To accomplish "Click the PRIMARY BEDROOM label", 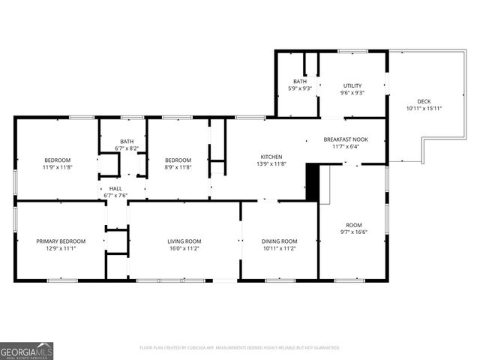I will [61, 241].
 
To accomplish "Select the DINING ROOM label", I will [279, 241].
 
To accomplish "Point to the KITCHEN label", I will [271, 157].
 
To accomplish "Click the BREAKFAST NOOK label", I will [346, 139].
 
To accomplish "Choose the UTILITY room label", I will [352, 85].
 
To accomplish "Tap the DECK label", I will [424, 102].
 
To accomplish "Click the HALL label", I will [115, 189].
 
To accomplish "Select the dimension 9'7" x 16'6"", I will [353, 232].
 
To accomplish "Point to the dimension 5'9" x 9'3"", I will [300, 88].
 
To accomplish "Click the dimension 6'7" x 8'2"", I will [127, 148].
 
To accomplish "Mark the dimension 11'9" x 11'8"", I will [57, 167].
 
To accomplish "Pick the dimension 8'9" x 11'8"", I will [178, 167].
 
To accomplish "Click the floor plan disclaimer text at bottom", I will [240, 348].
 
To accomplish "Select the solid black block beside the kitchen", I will [313, 182].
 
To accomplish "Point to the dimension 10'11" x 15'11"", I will [424, 109].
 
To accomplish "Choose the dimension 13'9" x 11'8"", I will [271, 163].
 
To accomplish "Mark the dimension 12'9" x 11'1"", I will [61, 248].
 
